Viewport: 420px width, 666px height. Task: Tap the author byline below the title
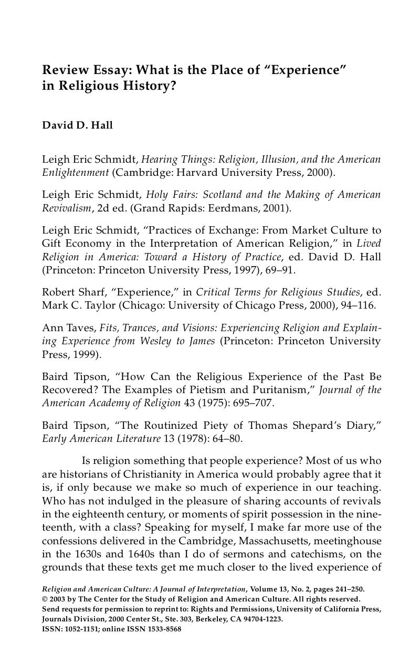pos(77,125)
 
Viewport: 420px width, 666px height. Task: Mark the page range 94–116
pos(356,305)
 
